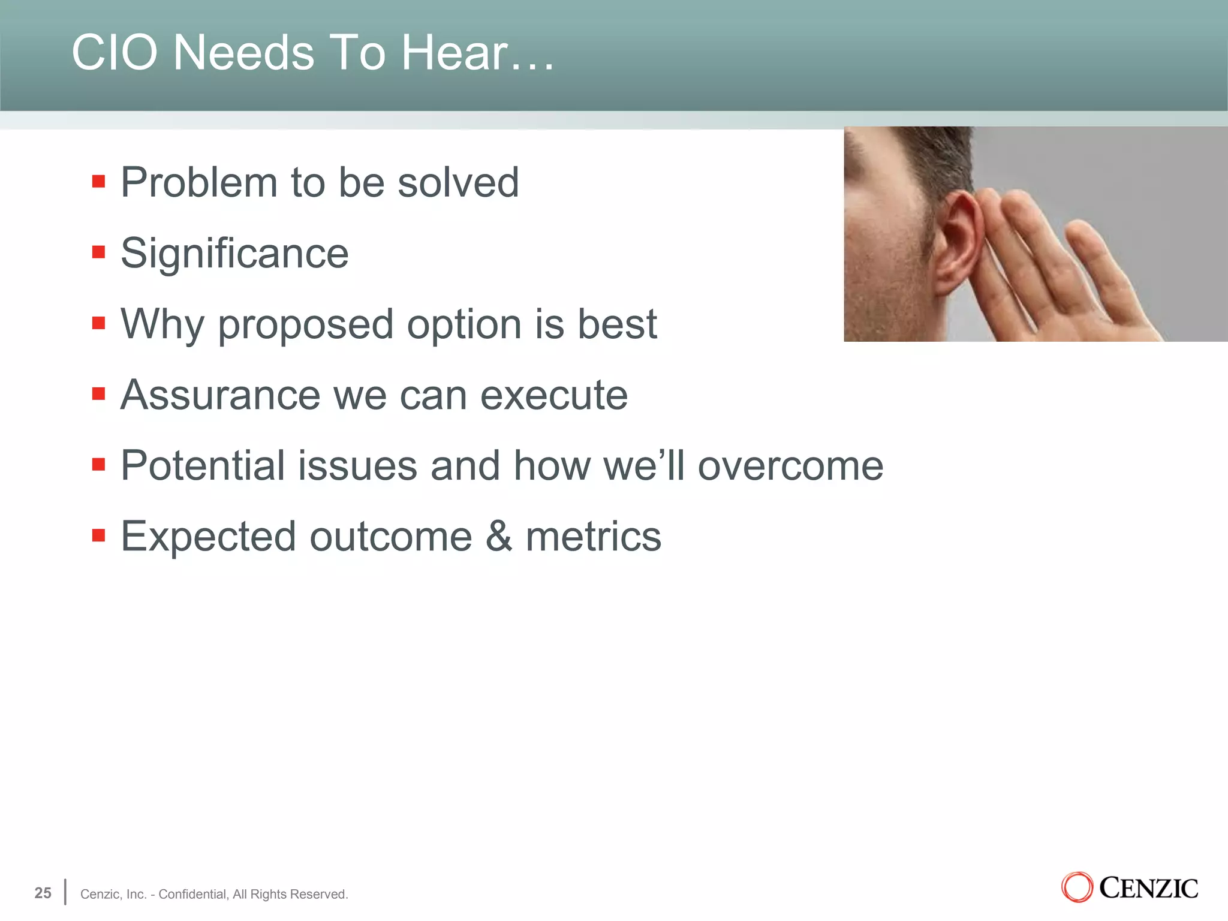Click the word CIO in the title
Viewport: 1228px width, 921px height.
(x=115, y=53)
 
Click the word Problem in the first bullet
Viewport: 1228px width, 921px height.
(x=198, y=182)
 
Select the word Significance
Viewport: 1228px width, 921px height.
(x=234, y=254)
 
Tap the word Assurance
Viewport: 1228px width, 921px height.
(x=220, y=396)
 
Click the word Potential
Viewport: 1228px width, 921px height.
(x=202, y=466)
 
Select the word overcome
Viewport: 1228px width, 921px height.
(x=790, y=466)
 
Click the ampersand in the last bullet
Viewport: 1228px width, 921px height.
(x=499, y=537)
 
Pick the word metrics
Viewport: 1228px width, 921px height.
(x=593, y=537)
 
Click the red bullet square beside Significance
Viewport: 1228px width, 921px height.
(x=99, y=252)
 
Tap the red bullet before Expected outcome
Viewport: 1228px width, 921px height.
(x=99, y=535)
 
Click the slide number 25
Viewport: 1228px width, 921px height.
(x=43, y=893)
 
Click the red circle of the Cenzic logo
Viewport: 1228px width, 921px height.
(x=1077, y=888)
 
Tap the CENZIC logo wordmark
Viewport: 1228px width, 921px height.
(x=1148, y=888)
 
